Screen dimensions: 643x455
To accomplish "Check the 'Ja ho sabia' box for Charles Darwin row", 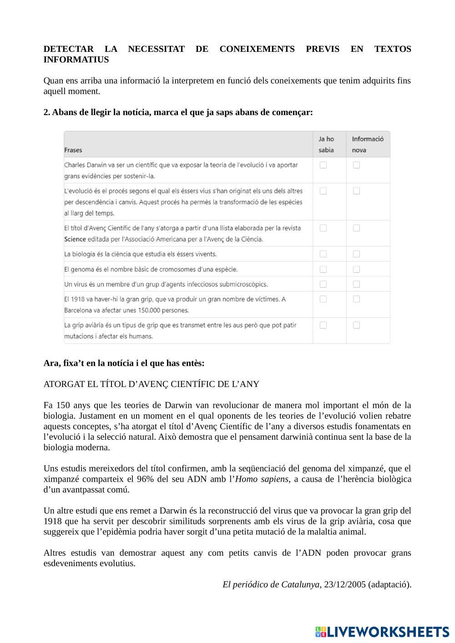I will pos(323,165).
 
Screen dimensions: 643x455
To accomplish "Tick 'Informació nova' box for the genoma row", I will pos(356,269).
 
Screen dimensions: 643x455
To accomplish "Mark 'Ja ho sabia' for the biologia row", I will pos(323,254).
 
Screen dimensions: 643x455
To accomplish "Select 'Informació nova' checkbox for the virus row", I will pos(356,284).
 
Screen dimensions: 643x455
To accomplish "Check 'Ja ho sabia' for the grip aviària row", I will pos(323,325).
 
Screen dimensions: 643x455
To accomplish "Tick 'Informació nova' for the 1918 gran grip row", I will pos(356,299).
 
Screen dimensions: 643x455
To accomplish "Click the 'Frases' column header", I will pos(73,150).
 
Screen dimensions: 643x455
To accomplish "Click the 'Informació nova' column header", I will pos(367,144).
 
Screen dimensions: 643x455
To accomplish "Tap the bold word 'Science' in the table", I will pos(75,239).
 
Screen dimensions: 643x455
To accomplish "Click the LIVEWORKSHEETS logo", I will pos(382,632).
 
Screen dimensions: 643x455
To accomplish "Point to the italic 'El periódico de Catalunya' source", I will pos(271,585).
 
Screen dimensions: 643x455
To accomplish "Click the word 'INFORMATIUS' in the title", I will pos(76,60).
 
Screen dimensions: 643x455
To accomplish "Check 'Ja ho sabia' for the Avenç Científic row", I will pos(323,228).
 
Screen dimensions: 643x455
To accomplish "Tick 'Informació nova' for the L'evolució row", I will pos(356,191).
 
